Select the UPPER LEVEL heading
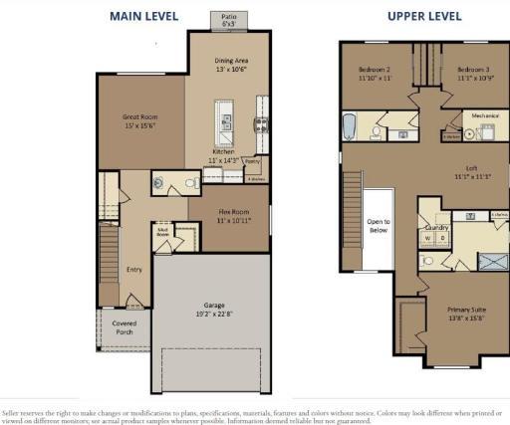click(425, 16)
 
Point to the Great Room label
click(140, 116)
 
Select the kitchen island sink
click(227, 123)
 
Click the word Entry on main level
click(134, 269)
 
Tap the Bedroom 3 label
click(475, 70)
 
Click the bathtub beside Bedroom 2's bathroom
click(349, 127)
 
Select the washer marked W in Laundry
click(428, 239)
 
